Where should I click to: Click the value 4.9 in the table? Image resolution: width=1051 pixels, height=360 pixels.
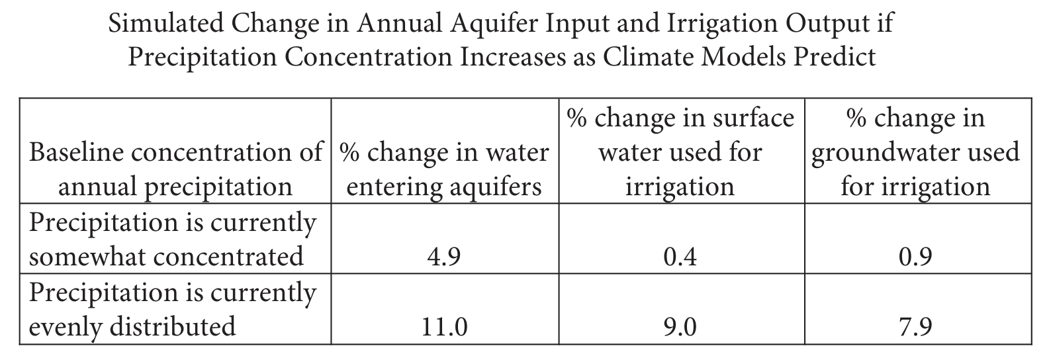tap(443, 257)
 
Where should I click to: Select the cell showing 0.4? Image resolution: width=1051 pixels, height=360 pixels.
tap(680, 257)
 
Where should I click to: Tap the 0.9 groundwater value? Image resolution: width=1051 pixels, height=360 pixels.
tap(915, 257)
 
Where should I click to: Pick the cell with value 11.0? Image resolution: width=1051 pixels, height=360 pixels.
tap(443, 327)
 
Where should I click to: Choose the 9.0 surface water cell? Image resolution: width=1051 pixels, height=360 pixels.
tap(680, 327)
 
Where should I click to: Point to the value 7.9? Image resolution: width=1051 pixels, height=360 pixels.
tap(915, 327)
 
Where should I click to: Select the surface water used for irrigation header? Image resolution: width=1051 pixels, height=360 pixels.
tap(680, 152)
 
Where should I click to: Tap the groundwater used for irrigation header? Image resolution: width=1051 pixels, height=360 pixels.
tap(915, 152)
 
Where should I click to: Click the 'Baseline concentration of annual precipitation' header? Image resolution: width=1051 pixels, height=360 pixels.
tap(175, 169)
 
